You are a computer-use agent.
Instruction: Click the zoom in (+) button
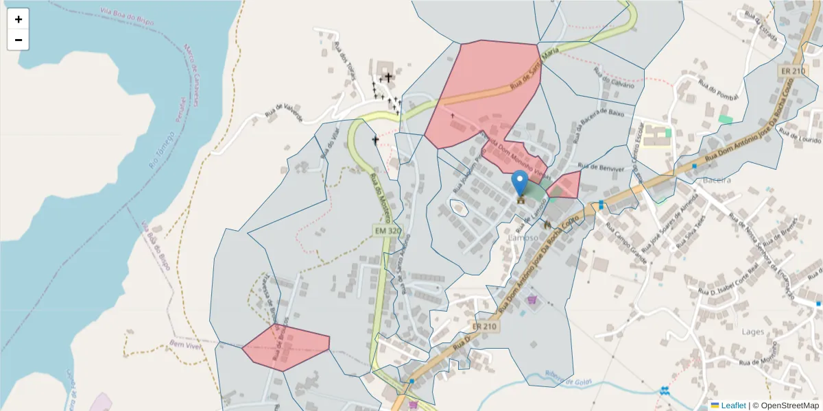pos(18,19)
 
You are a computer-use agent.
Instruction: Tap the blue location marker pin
pos(520,183)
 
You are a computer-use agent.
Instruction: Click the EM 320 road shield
pos(387,232)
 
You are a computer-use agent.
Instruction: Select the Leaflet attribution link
pos(733,406)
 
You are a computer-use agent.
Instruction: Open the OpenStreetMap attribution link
pos(785,406)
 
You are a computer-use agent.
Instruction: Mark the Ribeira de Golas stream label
pos(568,378)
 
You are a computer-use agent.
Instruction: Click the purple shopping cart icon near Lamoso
pos(531,299)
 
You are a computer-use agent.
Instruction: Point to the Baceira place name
pos(717,179)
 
